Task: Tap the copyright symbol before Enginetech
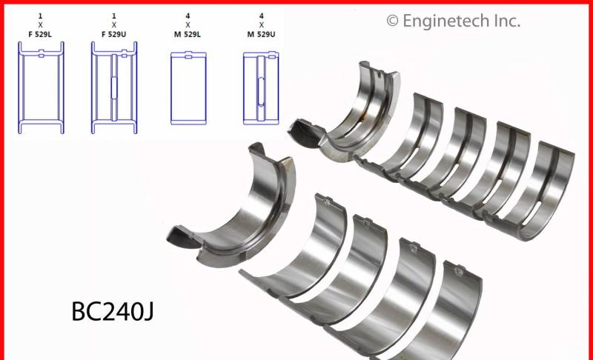392,20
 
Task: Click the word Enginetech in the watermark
448,21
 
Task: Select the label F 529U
113,33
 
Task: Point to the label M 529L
188,33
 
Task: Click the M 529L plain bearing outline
188,87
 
